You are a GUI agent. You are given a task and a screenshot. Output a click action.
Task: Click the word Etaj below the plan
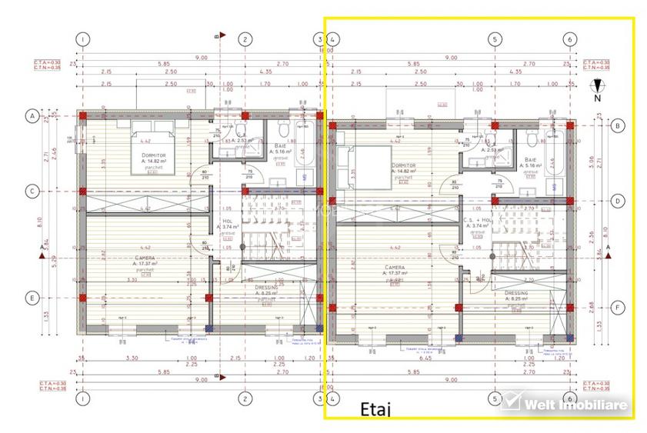pyautogui.click(x=375, y=410)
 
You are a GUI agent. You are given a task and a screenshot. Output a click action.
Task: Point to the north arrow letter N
pyautogui.click(x=596, y=98)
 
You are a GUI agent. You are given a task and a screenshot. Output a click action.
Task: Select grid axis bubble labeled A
pyautogui.click(x=32, y=116)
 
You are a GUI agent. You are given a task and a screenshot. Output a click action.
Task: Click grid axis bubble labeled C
pyautogui.click(x=32, y=192)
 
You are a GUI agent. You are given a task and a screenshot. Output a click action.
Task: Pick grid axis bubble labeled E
pyautogui.click(x=32, y=298)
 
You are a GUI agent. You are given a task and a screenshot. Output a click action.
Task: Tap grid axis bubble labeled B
pyautogui.click(x=617, y=125)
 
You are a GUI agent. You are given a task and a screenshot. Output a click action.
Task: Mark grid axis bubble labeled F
pyautogui.click(x=617, y=307)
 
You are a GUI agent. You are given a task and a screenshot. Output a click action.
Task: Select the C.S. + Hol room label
pyautogui.click(x=477, y=221)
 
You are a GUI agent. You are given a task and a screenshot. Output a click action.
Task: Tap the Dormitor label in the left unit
pyautogui.click(x=154, y=155)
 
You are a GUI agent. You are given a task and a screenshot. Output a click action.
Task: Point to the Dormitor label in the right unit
pyautogui.click(x=403, y=165)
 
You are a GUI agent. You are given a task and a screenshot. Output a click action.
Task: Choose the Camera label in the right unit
pyautogui.click(x=395, y=267)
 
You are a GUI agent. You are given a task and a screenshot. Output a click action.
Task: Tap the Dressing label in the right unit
pyautogui.click(x=515, y=293)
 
